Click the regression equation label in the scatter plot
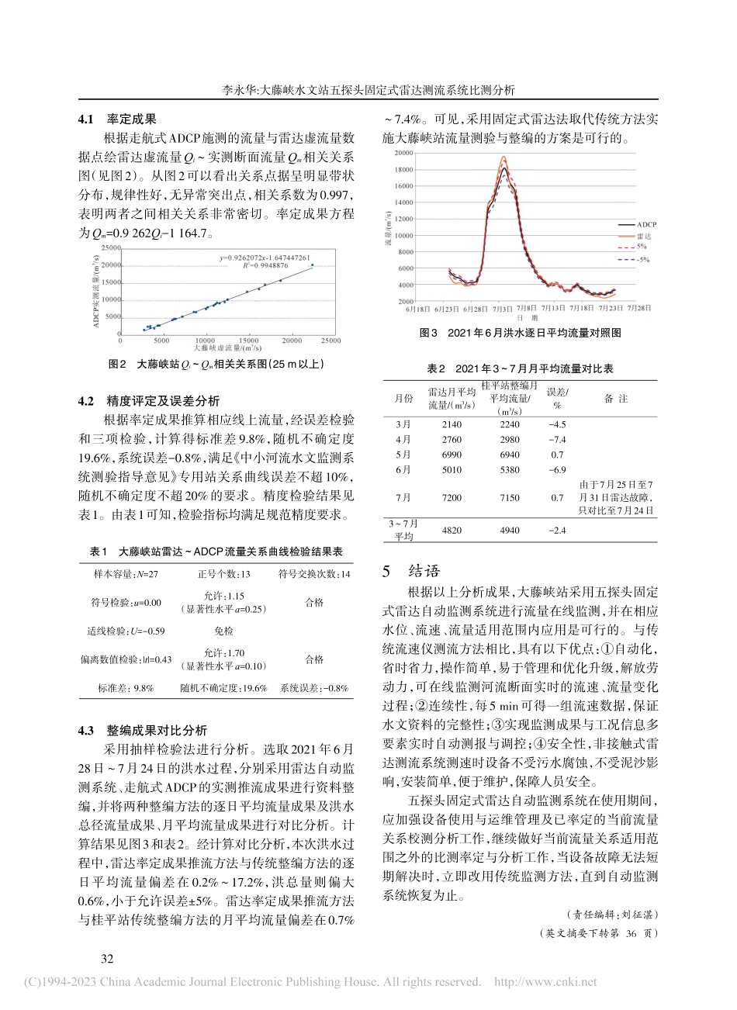click(x=265, y=257)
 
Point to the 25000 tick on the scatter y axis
click(x=110, y=248)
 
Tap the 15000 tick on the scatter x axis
click(x=247, y=341)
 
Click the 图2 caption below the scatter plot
click(x=216, y=363)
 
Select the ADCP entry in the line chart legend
click(x=645, y=224)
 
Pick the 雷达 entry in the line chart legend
click(x=644, y=237)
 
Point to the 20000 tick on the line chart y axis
click(x=403, y=153)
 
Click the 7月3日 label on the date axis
click(x=502, y=309)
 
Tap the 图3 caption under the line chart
click(x=520, y=333)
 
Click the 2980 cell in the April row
click(x=510, y=440)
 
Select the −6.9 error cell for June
click(x=557, y=470)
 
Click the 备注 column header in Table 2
click(x=616, y=399)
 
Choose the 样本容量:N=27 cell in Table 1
click(x=126, y=574)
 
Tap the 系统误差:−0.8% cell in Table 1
click(x=314, y=688)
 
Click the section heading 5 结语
click(x=411, y=572)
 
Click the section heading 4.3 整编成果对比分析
click(x=143, y=731)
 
